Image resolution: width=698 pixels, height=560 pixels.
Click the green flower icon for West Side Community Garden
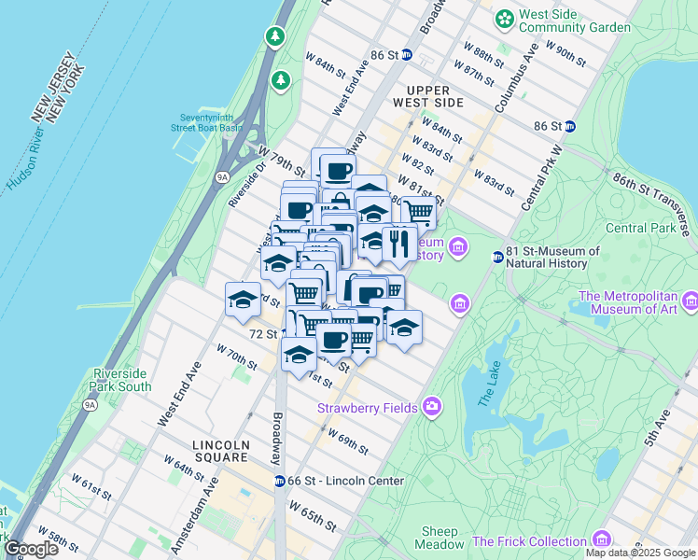505,18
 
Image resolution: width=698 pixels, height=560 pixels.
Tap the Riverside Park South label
121,380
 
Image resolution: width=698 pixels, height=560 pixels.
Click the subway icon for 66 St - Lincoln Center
279,481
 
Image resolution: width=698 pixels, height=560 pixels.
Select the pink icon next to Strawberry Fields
431,406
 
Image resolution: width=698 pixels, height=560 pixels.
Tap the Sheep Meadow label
439,538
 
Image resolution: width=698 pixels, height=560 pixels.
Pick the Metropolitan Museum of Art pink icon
690,301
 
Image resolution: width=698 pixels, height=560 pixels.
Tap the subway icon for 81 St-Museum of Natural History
497,257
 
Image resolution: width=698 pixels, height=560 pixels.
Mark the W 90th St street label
565,54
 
